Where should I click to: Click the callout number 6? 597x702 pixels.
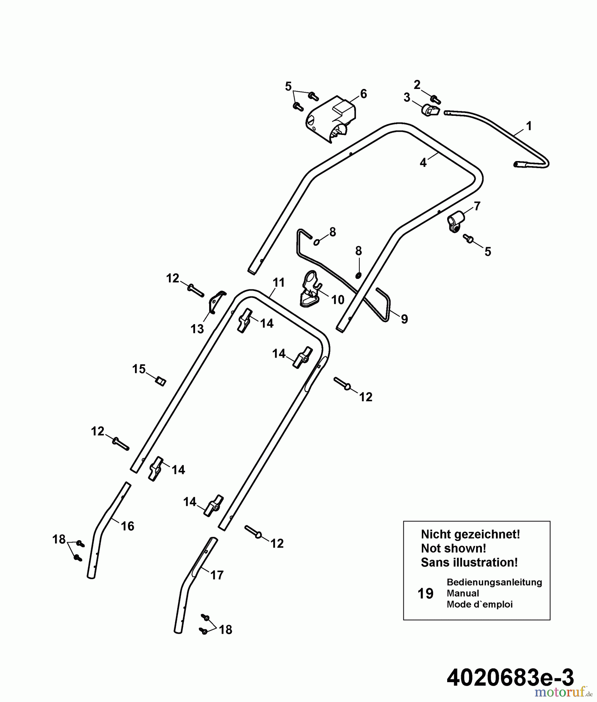pos(363,94)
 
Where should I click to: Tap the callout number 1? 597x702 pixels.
pos(529,126)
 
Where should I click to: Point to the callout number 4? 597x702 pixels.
pos(423,163)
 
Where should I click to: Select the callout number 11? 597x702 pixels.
pos(279,282)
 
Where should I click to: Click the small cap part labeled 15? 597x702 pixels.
pos(161,380)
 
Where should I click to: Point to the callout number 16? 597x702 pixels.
pos(128,526)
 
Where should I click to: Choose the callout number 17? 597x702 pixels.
pos(217,575)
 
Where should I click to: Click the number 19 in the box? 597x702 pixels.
pos(425,594)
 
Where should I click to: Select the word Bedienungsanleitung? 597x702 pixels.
pos(494,582)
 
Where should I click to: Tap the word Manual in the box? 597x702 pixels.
pos(463,593)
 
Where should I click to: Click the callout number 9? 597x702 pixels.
pos(404,319)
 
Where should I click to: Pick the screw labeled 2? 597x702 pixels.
pos(435,100)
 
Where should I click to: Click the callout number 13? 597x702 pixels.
pos(197,329)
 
